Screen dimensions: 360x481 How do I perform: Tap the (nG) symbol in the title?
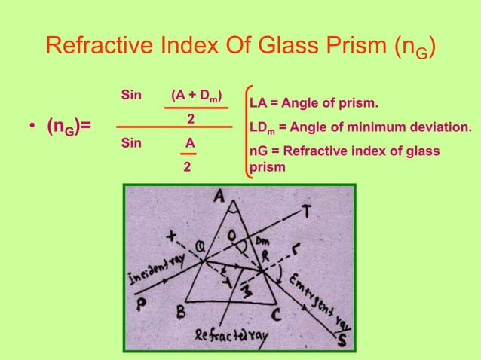tap(411, 49)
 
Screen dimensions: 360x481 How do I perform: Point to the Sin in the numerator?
tap(131, 96)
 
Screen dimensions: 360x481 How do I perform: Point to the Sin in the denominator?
tap(131, 142)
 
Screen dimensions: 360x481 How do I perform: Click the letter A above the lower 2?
tap(190, 142)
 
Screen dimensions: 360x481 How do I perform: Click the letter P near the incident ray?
tap(142, 298)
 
